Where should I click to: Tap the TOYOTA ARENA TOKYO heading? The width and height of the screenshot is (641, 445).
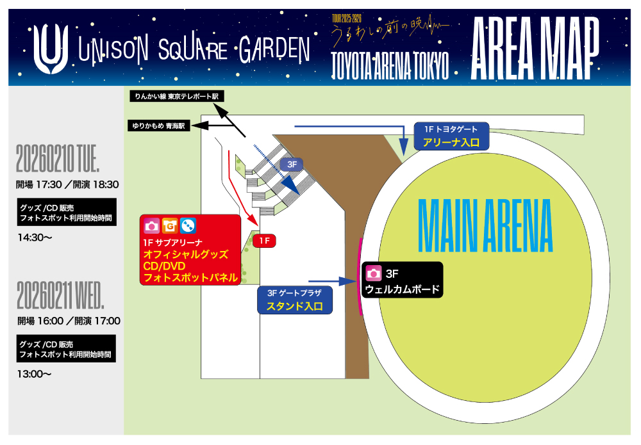[x=390, y=65]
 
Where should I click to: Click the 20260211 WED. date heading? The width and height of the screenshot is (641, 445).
[x=60, y=295]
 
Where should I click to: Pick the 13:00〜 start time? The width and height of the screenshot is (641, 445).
[x=35, y=373]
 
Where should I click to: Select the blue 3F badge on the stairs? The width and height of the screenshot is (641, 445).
[x=292, y=165]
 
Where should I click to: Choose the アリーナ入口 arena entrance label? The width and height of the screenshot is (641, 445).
[x=451, y=142]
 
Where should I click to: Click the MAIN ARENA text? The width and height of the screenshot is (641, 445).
[x=485, y=226]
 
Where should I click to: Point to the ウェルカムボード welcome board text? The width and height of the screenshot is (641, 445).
[x=403, y=289]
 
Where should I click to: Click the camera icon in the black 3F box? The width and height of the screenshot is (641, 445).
[x=373, y=273]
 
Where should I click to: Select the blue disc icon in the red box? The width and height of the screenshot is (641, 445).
[x=188, y=226]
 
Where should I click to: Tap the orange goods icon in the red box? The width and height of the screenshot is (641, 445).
[x=170, y=226]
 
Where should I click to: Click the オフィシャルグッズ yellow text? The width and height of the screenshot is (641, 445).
[x=185, y=254]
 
